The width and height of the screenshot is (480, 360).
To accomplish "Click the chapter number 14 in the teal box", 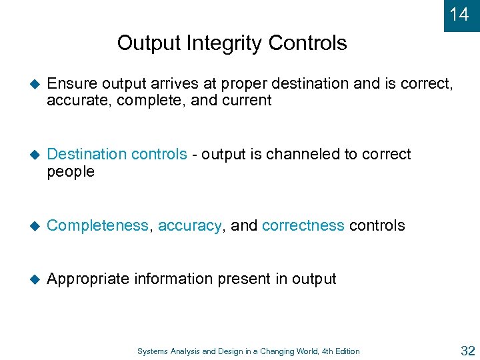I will (x=459, y=14).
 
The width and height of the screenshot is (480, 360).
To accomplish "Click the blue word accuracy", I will (x=190, y=226).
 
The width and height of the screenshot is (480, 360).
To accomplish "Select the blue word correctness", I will (x=303, y=226).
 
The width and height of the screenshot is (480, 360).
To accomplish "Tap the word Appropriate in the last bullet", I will (x=88, y=279).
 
